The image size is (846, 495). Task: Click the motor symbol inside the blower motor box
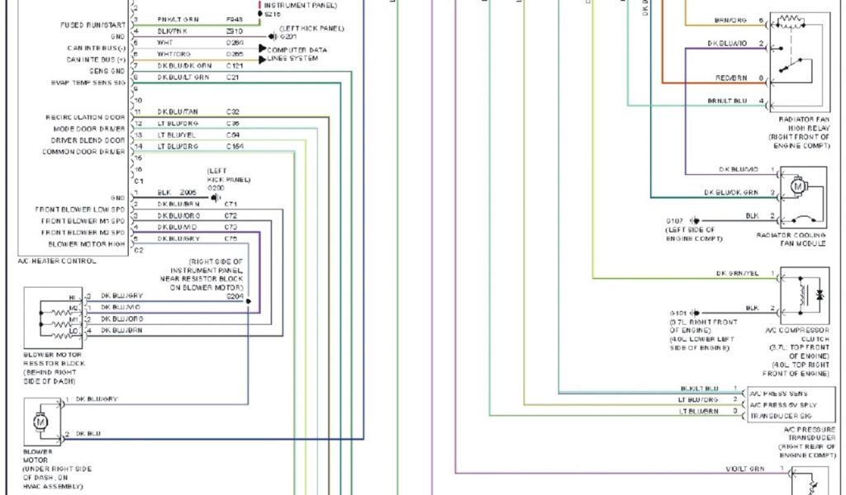point(40,422)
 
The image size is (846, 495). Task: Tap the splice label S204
point(235,295)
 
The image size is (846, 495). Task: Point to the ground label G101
point(677,313)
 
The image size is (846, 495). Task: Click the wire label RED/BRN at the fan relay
point(731,78)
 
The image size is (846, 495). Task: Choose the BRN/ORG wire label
point(730,20)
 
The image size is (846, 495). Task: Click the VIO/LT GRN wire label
point(744,469)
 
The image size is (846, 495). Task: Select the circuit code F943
point(235,18)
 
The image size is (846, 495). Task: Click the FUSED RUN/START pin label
point(93,25)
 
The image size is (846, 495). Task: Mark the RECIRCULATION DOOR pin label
point(85,117)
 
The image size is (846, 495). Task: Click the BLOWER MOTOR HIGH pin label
point(87,244)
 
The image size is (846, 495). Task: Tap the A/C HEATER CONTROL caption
point(56,261)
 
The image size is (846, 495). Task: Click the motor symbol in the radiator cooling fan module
point(798,186)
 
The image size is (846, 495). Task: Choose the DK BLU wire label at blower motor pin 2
point(88,433)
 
